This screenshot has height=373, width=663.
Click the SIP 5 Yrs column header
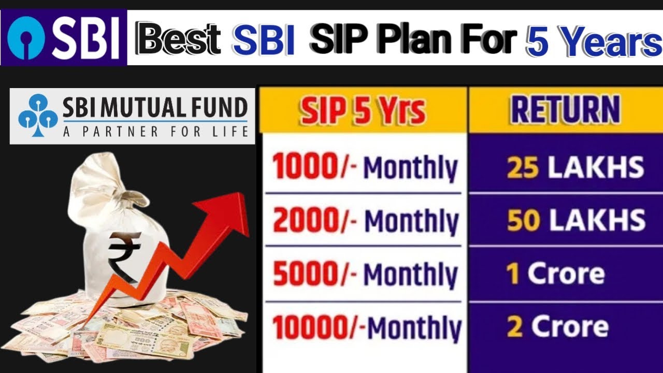point(363,111)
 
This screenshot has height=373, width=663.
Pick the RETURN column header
point(565,110)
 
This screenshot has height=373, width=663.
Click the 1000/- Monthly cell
point(365,168)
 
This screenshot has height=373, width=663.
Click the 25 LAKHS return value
point(575,167)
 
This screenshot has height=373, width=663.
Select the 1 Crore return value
point(556,274)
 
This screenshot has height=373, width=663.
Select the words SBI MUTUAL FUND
point(155,108)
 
